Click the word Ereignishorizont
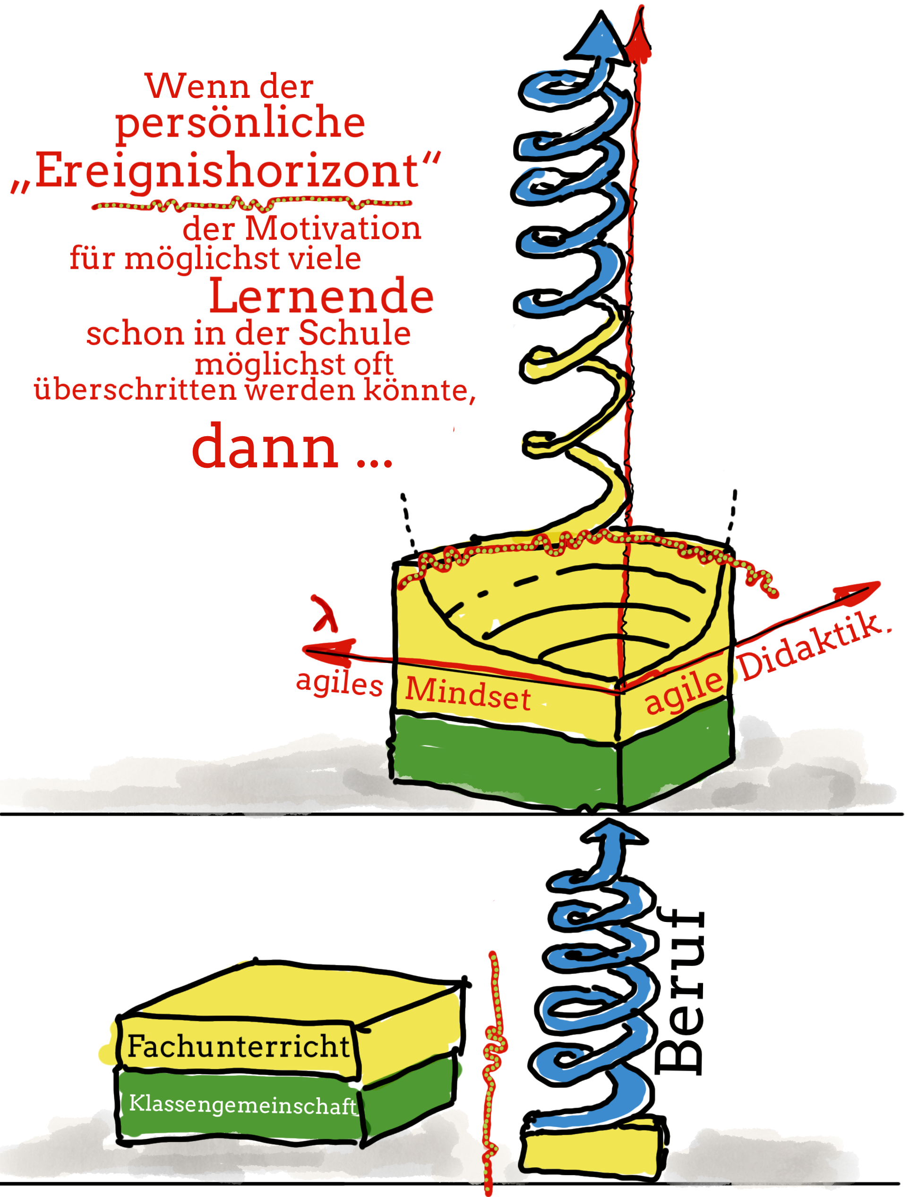click(x=227, y=171)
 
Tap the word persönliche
click(x=240, y=122)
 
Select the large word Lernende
click(x=321, y=296)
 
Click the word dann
click(x=266, y=448)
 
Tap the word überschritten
click(x=136, y=390)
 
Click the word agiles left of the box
click(x=339, y=683)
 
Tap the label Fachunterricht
click(x=238, y=1047)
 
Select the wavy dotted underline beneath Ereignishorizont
click(x=251, y=205)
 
